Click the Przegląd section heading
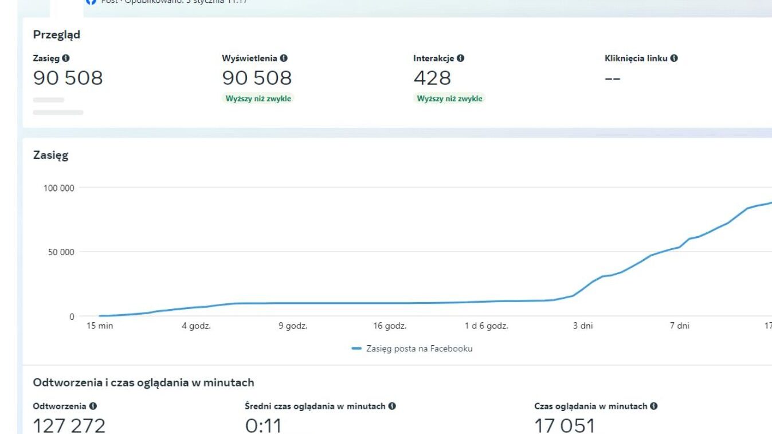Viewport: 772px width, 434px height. click(56, 34)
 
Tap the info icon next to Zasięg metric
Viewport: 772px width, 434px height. click(66, 58)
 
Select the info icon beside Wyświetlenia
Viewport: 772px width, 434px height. click(284, 58)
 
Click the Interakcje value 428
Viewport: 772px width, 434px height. click(432, 77)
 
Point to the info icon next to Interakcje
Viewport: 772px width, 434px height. click(461, 58)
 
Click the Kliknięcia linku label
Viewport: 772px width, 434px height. click(636, 58)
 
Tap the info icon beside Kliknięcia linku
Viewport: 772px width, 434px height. click(674, 58)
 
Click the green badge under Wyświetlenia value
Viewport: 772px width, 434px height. click(257, 99)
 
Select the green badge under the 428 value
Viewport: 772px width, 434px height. click(449, 99)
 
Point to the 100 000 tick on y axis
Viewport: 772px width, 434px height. click(59, 188)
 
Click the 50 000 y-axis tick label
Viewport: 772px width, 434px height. click(61, 252)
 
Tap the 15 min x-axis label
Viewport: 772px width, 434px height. click(100, 326)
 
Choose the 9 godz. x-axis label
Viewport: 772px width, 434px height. click(293, 326)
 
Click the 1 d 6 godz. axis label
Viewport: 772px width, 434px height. click(486, 326)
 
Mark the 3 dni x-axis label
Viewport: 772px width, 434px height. click(583, 326)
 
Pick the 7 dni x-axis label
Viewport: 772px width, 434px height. click(680, 326)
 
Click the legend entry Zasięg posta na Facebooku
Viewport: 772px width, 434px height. click(418, 349)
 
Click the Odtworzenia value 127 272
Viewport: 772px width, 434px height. click(69, 425)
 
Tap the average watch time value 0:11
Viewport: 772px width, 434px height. click(264, 425)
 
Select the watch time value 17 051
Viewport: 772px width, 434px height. click(565, 425)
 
